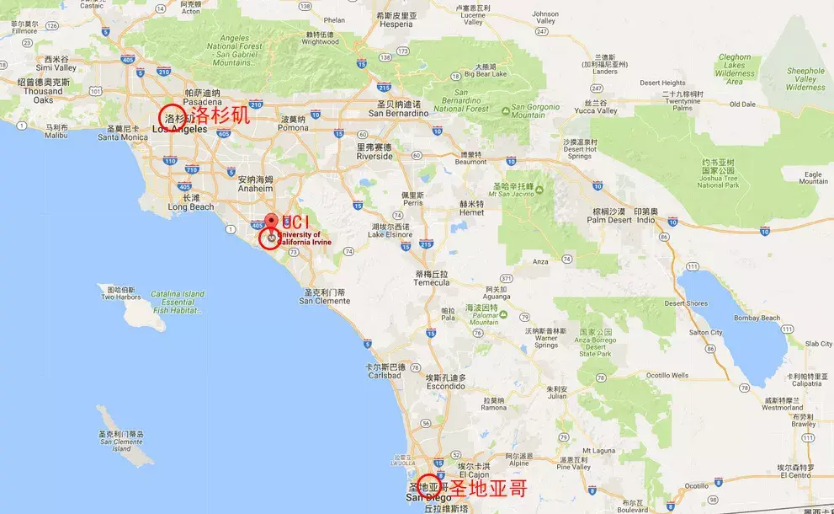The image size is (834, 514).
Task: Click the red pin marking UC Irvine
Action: click(x=270, y=222)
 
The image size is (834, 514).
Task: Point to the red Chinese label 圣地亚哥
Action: click(x=487, y=488)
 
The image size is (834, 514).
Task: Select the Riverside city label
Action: click(x=375, y=156)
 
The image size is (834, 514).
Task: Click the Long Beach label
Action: click(x=185, y=206)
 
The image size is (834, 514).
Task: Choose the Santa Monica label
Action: click(x=122, y=137)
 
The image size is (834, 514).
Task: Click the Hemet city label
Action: click(x=470, y=212)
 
